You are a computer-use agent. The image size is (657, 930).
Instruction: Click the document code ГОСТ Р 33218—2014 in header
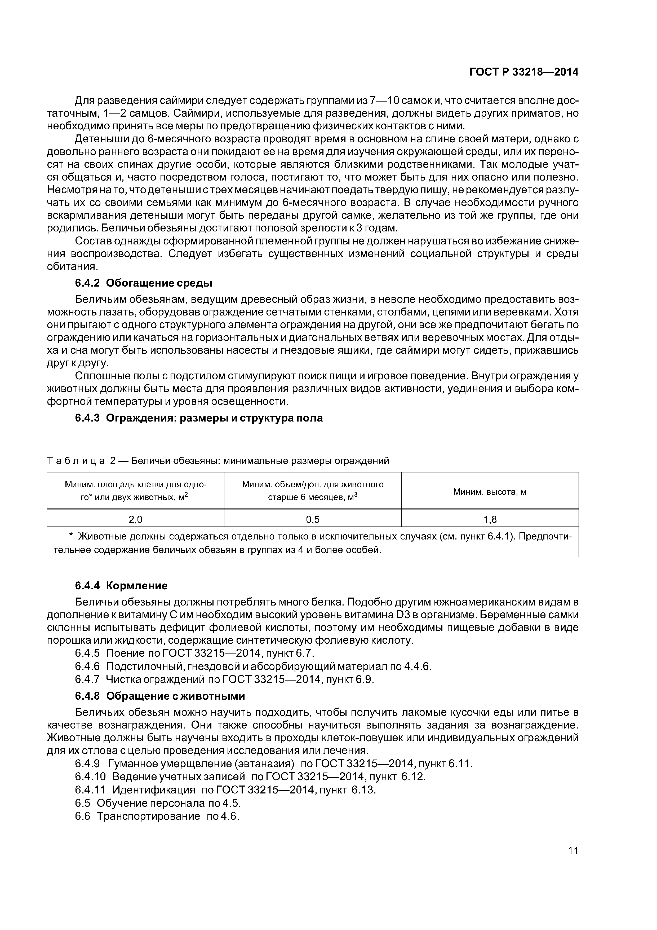[x=523, y=72]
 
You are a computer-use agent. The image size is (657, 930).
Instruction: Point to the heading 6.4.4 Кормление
[x=121, y=586]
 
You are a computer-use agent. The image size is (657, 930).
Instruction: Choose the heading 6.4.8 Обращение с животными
[x=160, y=696]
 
